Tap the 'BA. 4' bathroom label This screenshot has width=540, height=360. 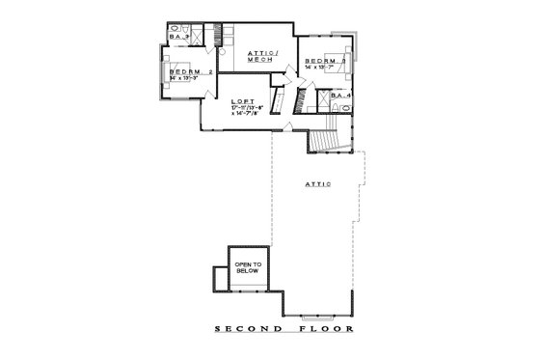point(339,96)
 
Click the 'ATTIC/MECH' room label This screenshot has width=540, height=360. point(261,56)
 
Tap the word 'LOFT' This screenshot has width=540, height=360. point(242,100)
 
